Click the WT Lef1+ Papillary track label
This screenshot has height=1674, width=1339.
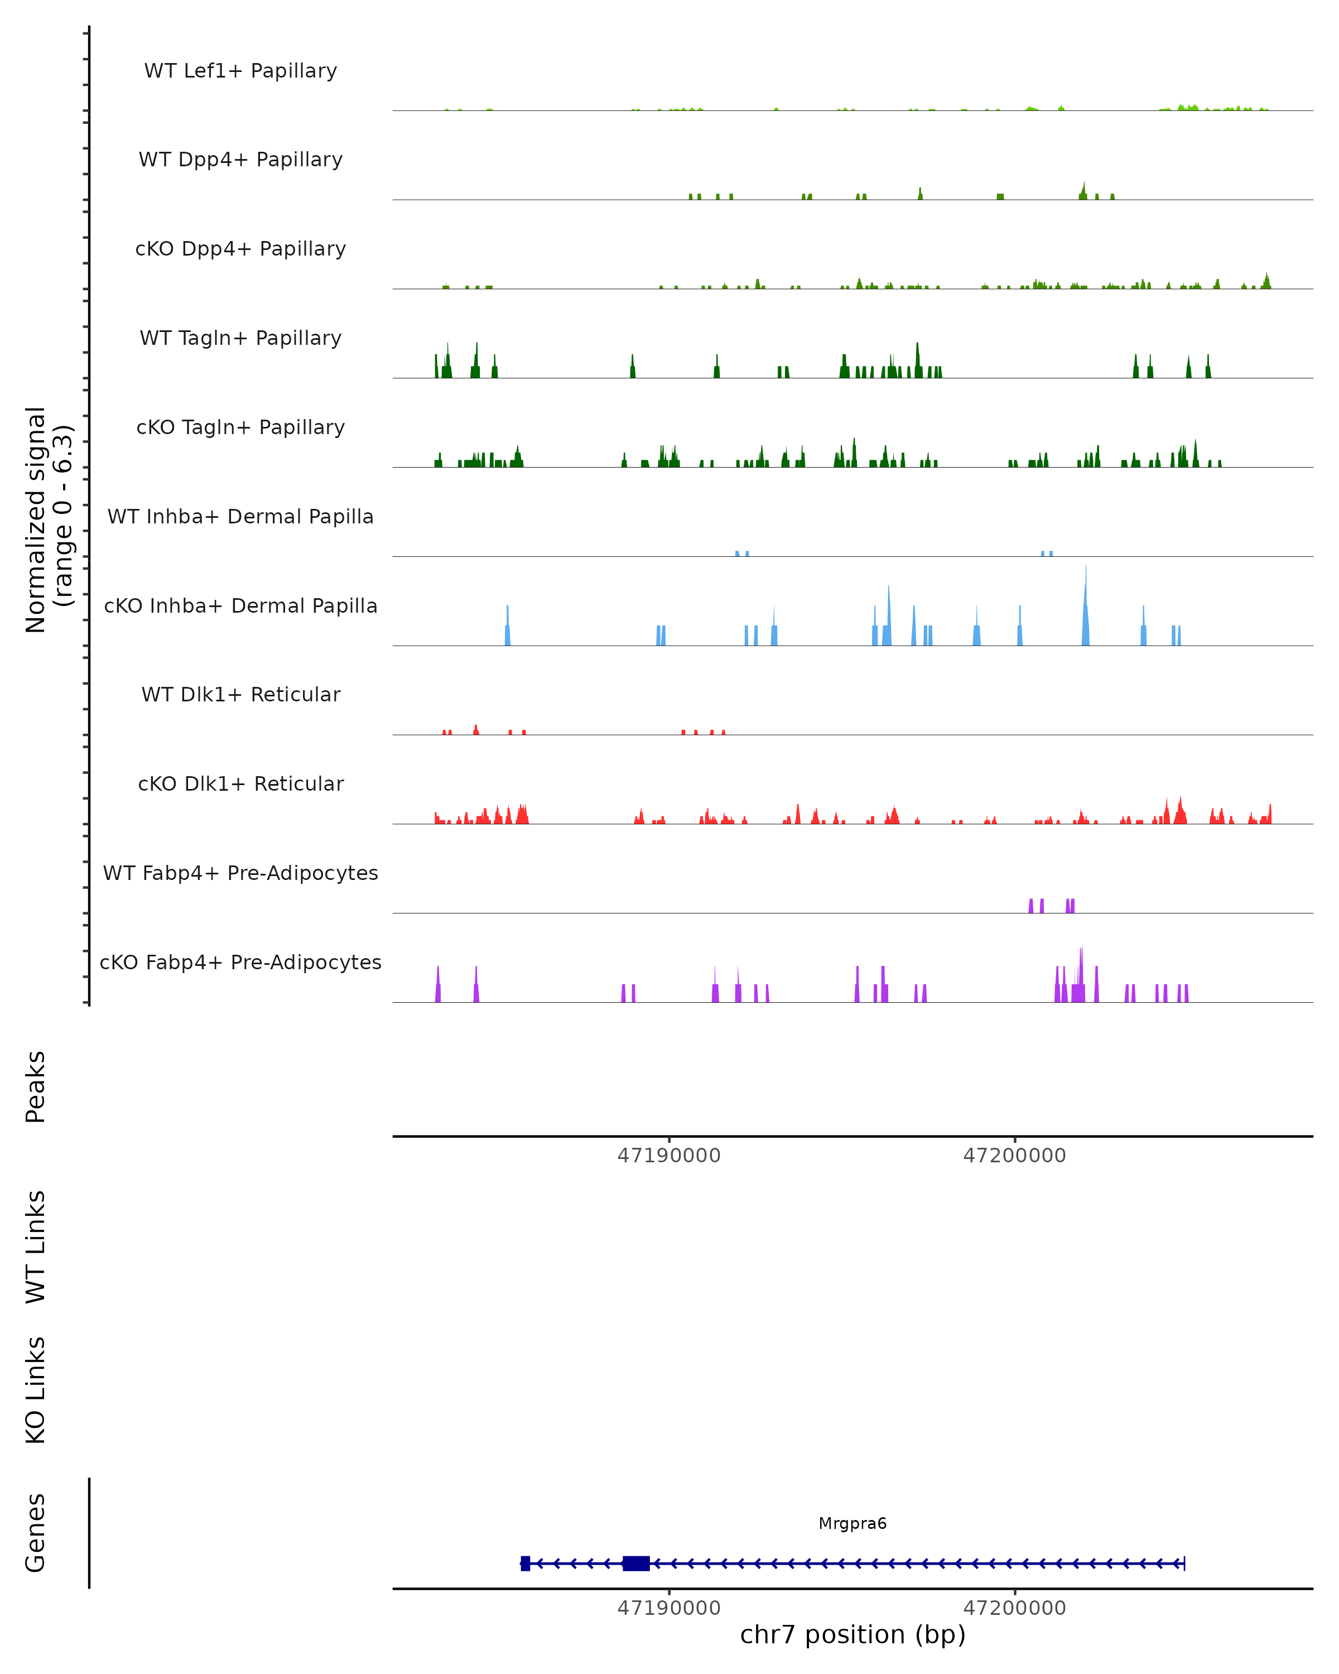(240, 71)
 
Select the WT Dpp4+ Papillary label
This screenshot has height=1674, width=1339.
(240, 160)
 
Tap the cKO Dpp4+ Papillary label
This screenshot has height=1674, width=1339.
(240, 249)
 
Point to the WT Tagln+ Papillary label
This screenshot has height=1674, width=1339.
(240, 339)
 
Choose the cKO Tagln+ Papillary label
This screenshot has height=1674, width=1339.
(240, 428)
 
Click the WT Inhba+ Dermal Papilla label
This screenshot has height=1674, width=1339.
(240, 517)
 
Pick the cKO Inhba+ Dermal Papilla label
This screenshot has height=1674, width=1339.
(240, 607)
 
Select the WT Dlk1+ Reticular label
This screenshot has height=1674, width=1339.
(240, 695)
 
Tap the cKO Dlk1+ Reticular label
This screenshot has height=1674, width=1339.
(240, 784)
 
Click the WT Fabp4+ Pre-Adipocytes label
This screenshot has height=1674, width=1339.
(240, 873)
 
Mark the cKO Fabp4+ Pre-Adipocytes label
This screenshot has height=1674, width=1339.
(240, 963)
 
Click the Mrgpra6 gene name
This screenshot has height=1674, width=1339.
(852, 1523)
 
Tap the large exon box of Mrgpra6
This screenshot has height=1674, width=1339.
(635, 1564)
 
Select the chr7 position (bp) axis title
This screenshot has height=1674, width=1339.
(852, 1634)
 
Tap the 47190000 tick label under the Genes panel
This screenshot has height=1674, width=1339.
(668, 1608)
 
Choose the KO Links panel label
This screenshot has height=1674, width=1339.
(36, 1390)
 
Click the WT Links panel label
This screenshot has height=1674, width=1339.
(36, 1246)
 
